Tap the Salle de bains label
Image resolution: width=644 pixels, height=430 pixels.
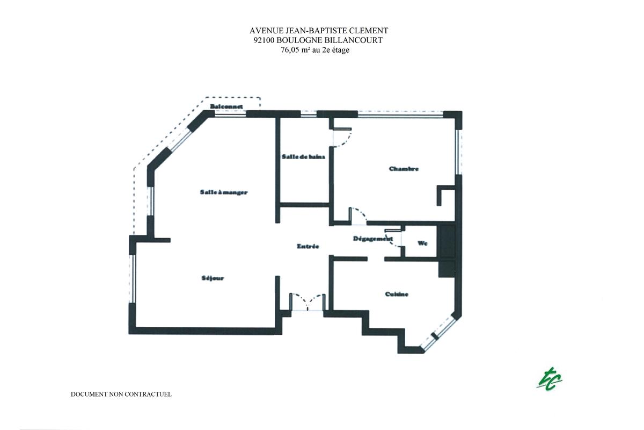(304, 157)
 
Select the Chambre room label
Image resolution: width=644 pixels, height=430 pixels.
(404, 169)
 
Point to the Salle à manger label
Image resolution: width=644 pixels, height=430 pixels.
(223, 192)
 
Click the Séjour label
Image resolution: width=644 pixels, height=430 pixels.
(213, 278)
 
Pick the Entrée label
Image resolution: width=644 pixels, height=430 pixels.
(308, 246)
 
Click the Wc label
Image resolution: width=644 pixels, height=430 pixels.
(422, 243)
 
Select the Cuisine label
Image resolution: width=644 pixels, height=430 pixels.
(397, 294)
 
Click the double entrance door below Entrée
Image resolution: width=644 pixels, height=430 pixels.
(307, 302)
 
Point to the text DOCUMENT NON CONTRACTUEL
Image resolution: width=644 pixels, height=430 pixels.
(121, 394)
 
